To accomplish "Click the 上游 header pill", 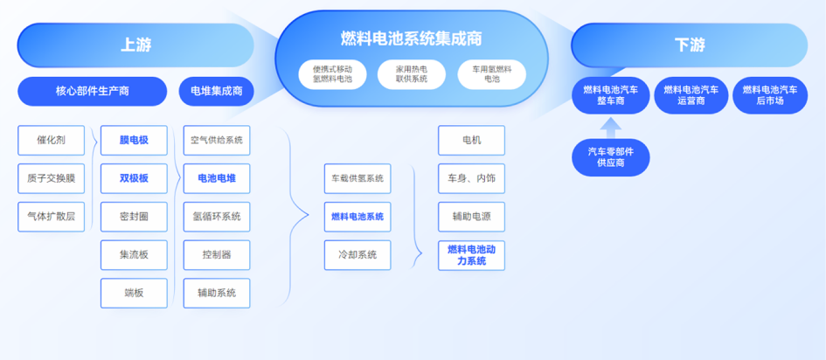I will point(135,45).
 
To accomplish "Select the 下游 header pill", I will point(689,45).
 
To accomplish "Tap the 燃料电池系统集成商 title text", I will point(411,38).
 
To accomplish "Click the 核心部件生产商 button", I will point(92,91).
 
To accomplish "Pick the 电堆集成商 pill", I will point(216,91).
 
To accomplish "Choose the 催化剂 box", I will point(51,140).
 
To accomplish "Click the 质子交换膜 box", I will point(51,178).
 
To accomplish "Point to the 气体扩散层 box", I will point(51,217).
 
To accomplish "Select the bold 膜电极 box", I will point(134,140).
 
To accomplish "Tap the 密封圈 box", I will point(134,217).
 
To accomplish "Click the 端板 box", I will point(134,294).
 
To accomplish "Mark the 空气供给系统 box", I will point(216,140).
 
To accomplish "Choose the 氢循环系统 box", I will point(216,217).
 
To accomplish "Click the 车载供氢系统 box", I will point(357,178).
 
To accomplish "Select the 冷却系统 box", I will point(357,254).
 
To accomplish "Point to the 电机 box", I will point(471,140).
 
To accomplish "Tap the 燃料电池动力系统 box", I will point(471,255).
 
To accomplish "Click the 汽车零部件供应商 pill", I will point(611,157).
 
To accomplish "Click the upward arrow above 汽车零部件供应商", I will point(611,127).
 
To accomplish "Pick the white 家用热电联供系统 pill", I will point(412,74).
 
